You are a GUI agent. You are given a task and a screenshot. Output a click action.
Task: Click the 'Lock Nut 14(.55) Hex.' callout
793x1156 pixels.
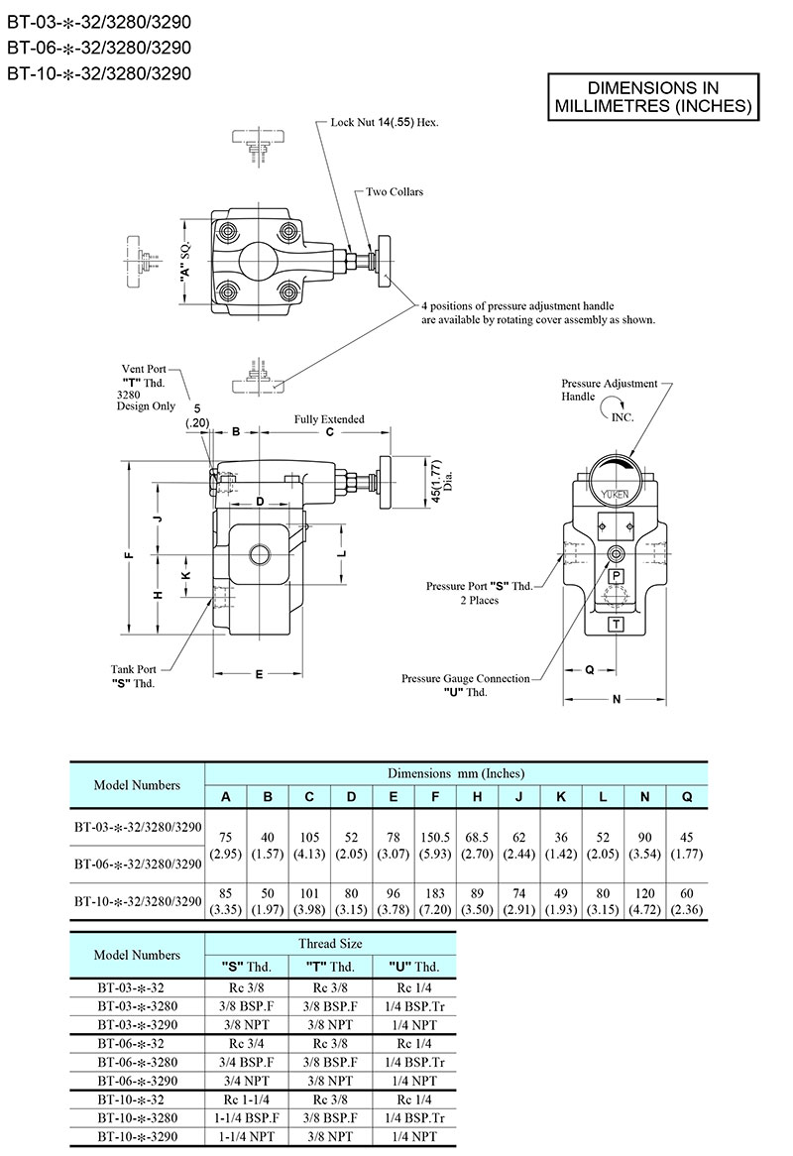pyautogui.click(x=385, y=124)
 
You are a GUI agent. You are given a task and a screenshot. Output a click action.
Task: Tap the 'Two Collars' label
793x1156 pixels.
pyautogui.click(x=395, y=191)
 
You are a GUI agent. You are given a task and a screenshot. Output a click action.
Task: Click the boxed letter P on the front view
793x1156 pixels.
pyautogui.click(x=616, y=577)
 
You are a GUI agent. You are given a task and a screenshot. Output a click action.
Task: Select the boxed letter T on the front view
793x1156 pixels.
pyautogui.click(x=616, y=624)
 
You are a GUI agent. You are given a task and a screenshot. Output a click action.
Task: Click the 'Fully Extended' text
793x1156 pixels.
pyautogui.click(x=329, y=419)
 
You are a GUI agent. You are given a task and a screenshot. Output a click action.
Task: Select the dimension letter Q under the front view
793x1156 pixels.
pyautogui.click(x=589, y=670)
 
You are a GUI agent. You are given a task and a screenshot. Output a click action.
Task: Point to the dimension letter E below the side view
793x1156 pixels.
pyautogui.click(x=258, y=674)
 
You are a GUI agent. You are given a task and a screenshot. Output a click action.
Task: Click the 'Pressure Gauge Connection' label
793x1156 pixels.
pyautogui.click(x=465, y=679)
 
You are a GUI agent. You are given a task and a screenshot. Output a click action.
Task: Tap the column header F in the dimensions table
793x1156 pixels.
pyautogui.click(x=436, y=797)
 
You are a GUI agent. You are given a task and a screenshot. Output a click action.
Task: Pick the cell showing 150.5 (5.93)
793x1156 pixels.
pyautogui.click(x=436, y=845)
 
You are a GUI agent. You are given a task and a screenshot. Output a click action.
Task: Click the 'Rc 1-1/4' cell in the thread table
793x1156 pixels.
pyautogui.click(x=244, y=1100)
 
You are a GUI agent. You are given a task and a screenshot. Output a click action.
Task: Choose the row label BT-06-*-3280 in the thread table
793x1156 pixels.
pyautogui.click(x=137, y=1062)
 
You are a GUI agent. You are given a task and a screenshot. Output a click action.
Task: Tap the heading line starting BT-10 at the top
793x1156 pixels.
pyautogui.click(x=98, y=72)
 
